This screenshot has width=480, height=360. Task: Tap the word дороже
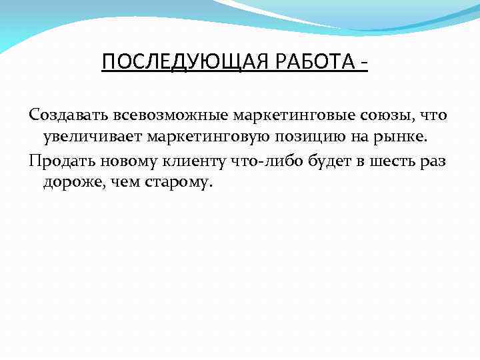click(x=71, y=182)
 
